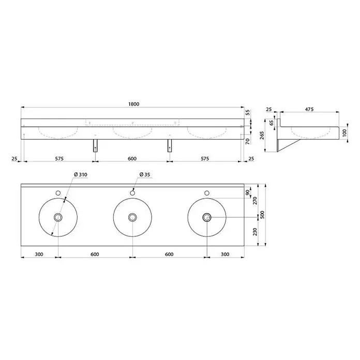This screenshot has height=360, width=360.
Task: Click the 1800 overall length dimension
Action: point(133,104)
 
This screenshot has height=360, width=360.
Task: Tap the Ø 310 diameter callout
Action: point(81,174)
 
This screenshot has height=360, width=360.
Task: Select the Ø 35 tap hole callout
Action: point(145,174)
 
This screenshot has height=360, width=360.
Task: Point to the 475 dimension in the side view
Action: point(309,109)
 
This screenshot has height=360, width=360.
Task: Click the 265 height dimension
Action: point(262,135)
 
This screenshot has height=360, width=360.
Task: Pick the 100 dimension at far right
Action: point(344,133)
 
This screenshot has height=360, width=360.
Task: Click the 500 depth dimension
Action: point(263,215)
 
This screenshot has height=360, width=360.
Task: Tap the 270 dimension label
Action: point(255,201)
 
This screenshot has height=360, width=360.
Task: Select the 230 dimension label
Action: point(255,232)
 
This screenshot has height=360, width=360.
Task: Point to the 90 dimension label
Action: point(247,192)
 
